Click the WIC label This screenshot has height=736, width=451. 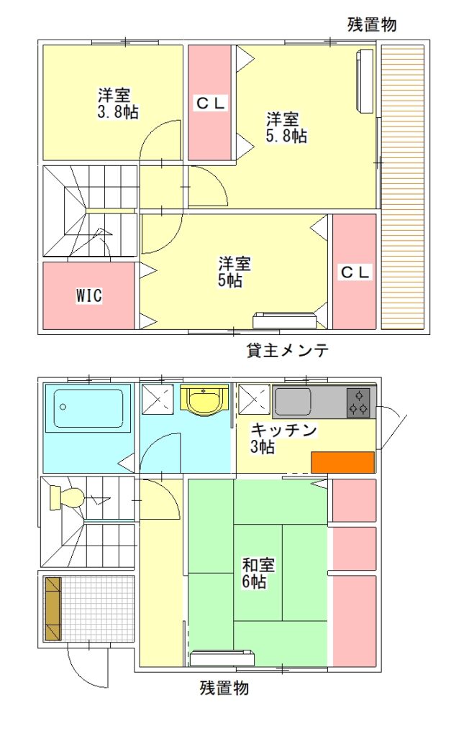coord(88,295)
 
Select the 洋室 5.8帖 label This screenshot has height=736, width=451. coord(286,127)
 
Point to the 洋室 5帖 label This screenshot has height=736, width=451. coord(234,272)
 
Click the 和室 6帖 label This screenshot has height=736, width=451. coord(258,573)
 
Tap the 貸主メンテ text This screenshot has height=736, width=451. coord(287,350)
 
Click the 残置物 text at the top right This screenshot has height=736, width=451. coord(372,24)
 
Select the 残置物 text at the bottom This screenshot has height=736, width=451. coord(224,688)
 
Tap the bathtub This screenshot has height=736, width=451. coord(88,408)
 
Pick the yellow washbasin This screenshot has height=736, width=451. coord(205,400)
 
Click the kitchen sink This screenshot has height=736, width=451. coord(293,402)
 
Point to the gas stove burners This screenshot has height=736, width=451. coord(358,402)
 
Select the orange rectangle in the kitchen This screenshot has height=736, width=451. coord(343,462)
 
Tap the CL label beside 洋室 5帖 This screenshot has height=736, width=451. coord(355,272)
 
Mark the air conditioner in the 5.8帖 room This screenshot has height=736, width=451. coord(365,80)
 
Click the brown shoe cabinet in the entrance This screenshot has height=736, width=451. coord(53,609)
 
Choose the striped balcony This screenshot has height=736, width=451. coord(403,187)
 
